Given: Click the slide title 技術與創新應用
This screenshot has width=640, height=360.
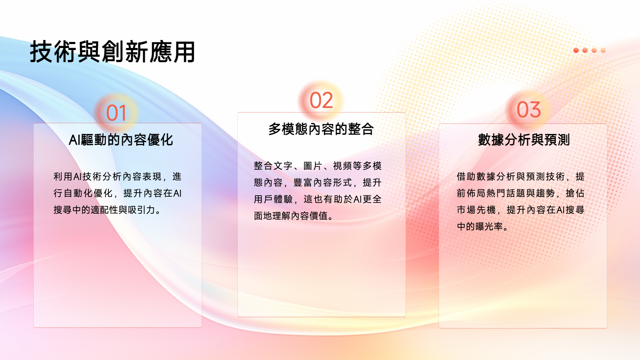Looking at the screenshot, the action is point(113,52).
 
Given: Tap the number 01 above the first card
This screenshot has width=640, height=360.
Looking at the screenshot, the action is point(116,113).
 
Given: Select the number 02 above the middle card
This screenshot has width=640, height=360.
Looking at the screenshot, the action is point(321,100).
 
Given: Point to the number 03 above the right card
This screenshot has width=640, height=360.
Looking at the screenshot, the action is point(529,110).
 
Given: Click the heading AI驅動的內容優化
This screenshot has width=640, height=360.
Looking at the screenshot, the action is point(121,140).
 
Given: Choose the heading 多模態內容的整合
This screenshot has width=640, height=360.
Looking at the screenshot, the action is point(321,129).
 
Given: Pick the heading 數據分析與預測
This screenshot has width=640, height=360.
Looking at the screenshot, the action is point(524,140).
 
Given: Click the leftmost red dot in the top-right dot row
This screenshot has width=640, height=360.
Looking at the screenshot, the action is point(576,50).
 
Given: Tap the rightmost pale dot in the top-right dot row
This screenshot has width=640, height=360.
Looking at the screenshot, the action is point(603,50).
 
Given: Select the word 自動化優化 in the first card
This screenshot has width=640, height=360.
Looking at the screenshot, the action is point(88,193).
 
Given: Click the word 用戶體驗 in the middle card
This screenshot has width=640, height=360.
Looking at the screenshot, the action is point(273,199).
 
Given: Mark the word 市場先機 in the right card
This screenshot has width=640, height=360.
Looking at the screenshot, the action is point(476,210).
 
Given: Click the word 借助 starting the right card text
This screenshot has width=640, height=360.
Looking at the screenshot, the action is point(466,177).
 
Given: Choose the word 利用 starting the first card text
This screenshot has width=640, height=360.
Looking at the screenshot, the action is point(63,177).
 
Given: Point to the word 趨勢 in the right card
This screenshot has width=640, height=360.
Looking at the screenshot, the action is point(545,193).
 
